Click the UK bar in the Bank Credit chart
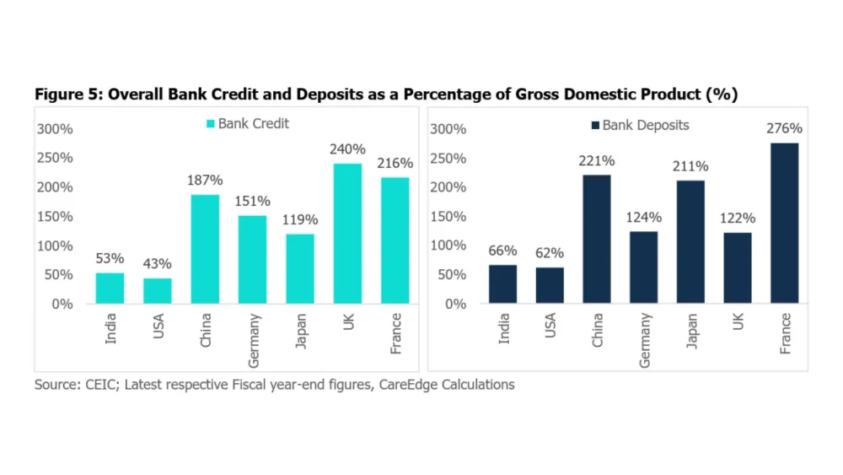pyautogui.click(x=347, y=233)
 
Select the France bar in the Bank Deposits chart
pyautogui.click(x=784, y=223)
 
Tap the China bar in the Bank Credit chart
pyautogui.click(x=205, y=249)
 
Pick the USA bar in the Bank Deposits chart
pyautogui.click(x=550, y=285)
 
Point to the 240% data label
pyautogui.click(x=347, y=149)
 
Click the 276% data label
pyautogui.click(x=784, y=129)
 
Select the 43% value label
pyautogui.click(x=157, y=264)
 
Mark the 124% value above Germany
pyautogui.click(x=644, y=218)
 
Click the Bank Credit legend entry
pyautogui.click(x=247, y=124)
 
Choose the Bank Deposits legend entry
pyautogui.click(x=640, y=126)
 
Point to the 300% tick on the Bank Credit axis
pyautogui.click(x=54, y=129)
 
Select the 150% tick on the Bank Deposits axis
pyautogui.click(x=448, y=217)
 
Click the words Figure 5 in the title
pyautogui.click(x=66, y=94)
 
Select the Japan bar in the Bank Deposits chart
pyautogui.click(x=690, y=241)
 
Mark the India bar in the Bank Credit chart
pyautogui.click(x=110, y=288)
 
